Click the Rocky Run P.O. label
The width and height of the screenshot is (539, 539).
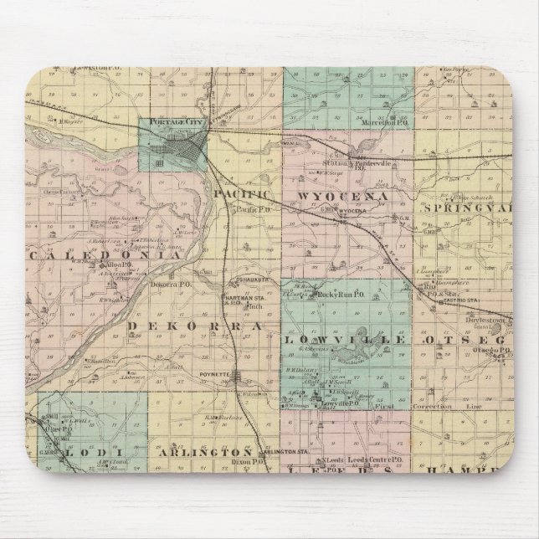click(x=342, y=295)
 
